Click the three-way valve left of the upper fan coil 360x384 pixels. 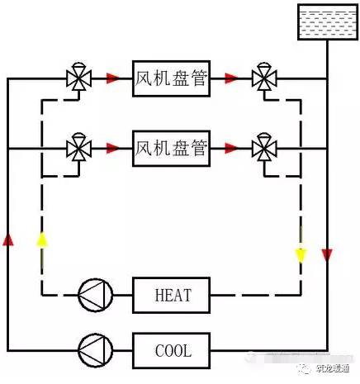[x=78, y=78]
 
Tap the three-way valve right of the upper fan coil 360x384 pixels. [x=264, y=78]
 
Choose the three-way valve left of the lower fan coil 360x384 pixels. [x=78, y=149]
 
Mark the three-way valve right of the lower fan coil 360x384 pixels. [x=264, y=149]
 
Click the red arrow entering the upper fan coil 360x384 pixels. [x=112, y=79]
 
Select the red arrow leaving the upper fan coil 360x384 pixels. [x=232, y=79]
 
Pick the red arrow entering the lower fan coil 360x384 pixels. [x=112, y=149]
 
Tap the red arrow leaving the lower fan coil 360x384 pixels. [x=232, y=149]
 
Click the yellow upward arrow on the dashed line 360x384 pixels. [x=40, y=239]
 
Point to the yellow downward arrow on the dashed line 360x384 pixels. [x=301, y=253]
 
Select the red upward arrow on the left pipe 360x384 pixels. [x=8, y=239]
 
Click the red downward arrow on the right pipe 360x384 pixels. [x=327, y=253]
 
